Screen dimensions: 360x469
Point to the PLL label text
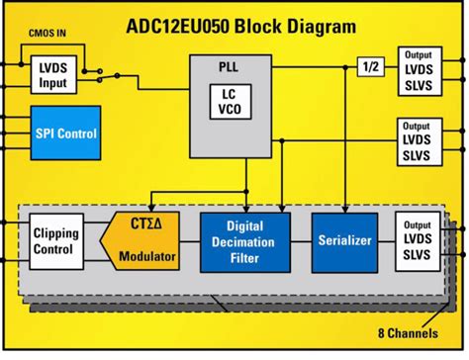point(228,69)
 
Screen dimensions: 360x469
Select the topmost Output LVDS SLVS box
point(421,71)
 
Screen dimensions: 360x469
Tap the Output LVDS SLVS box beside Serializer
point(421,240)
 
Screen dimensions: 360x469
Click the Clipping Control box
point(55,241)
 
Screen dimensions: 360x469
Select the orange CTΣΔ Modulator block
point(144,241)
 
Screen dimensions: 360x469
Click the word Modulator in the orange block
point(146,257)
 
